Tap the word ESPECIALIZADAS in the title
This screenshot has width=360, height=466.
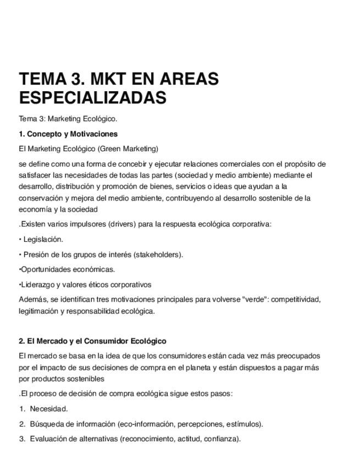92,98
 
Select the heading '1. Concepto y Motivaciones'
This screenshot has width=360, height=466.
68,134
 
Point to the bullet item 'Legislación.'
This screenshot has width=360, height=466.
43,239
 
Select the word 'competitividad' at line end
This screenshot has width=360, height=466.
296,299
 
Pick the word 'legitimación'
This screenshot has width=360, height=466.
38,311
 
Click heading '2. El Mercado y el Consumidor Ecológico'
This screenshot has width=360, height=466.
92,341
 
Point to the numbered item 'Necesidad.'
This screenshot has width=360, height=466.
49,409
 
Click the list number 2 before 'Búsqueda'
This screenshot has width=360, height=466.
22,424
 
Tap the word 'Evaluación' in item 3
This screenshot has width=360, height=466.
48,439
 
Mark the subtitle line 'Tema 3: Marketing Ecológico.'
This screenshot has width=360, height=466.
68,119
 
